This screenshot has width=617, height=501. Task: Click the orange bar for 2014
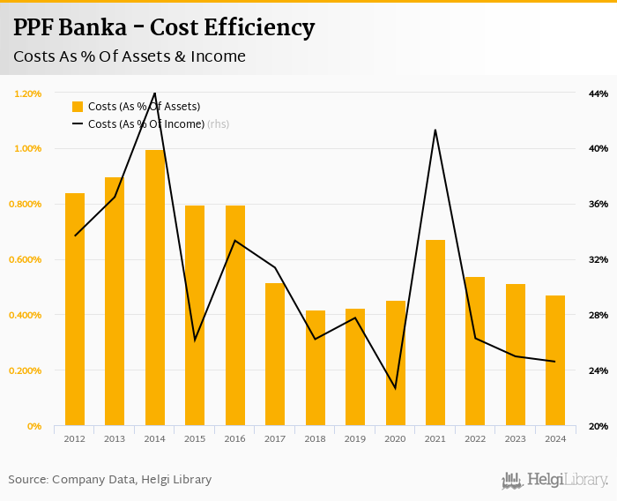(x=155, y=288)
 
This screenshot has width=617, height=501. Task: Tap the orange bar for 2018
(x=316, y=368)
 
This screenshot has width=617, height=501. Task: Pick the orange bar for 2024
(x=555, y=360)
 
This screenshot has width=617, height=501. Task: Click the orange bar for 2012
(x=75, y=309)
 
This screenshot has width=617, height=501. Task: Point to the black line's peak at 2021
(x=435, y=130)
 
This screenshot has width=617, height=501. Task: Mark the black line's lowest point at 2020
(x=395, y=388)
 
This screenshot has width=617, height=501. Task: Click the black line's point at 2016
(x=235, y=240)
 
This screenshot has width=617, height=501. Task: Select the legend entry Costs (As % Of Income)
(x=145, y=124)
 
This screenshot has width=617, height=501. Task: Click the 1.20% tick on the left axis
(x=28, y=93)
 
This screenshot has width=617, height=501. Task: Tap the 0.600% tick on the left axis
(x=26, y=259)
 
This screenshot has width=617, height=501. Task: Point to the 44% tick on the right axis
(x=598, y=93)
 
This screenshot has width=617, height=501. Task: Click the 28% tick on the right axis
(x=598, y=315)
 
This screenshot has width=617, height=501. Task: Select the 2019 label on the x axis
(x=355, y=438)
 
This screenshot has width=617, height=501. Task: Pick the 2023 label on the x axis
(x=516, y=438)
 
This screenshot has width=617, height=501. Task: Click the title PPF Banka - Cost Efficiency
(x=164, y=27)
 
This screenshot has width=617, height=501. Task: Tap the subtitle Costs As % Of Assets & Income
(x=130, y=56)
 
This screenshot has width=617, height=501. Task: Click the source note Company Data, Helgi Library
(x=110, y=480)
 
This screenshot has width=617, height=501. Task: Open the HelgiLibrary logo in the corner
(x=555, y=480)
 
